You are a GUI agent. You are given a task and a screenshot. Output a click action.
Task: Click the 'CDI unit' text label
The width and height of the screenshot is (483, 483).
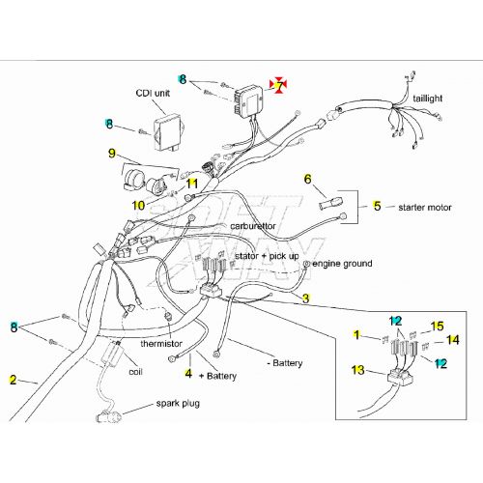pyautogui.click(x=153, y=94)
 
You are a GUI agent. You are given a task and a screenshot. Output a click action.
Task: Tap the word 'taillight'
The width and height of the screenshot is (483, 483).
pyautogui.click(x=428, y=99)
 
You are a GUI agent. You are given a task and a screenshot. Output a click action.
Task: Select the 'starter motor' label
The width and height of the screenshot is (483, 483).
pyautogui.click(x=425, y=208)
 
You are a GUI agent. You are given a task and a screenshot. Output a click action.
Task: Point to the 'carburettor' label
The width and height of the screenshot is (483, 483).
pyautogui.click(x=253, y=226)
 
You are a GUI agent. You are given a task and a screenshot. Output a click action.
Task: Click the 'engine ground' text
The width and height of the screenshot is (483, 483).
pyautogui.click(x=342, y=264)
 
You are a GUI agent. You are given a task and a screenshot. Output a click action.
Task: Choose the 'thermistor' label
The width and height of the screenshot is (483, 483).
pyautogui.click(x=161, y=344)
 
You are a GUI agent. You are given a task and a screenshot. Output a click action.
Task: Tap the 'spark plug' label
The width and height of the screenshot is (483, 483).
pyautogui.click(x=178, y=404)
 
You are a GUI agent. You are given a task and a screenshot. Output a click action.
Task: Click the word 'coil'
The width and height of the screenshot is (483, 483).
pyautogui.click(x=135, y=372)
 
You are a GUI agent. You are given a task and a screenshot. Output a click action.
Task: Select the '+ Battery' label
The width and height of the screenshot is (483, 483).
pyautogui.click(x=218, y=376)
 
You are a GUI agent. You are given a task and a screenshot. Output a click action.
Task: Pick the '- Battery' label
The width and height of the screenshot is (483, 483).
pyautogui.click(x=285, y=363)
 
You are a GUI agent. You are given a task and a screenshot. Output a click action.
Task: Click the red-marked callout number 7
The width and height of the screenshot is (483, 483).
pyautogui.click(x=280, y=86)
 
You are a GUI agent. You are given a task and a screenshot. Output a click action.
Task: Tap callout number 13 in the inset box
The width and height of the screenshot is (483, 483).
pyautogui.click(x=357, y=370)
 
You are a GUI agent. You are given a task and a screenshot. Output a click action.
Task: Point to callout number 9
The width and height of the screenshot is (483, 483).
pyautogui.click(x=112, y=153)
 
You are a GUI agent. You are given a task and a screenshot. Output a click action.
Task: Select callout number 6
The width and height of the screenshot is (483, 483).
pyautogui.click(x=308, y=179)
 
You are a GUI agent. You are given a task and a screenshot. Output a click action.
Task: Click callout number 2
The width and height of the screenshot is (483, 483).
pyautogui.click(x=13, y=380)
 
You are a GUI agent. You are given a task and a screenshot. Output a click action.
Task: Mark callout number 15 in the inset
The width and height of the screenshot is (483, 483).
pyautogui.click(x=437, y=327)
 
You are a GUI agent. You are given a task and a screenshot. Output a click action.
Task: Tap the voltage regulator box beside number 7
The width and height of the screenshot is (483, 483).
pyautogui.click(x=248, y=100)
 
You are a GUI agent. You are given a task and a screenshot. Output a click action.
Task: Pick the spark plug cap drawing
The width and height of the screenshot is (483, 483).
pyautogui.click(x=109, y=416)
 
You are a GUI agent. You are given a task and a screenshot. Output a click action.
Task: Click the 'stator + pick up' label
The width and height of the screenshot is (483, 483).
pyautogui.click(x=267, y=256)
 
